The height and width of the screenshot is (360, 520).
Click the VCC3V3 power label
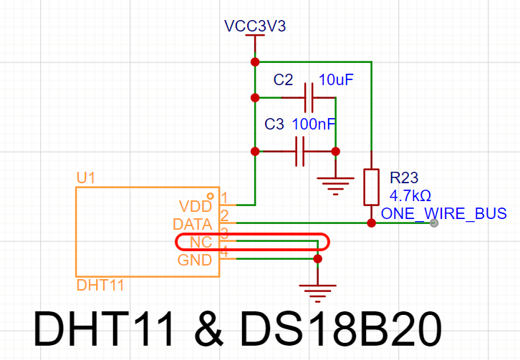pyautogui.click(x=255, y=26)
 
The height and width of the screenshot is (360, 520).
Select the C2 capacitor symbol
pyautogui.click(x=309, y=98)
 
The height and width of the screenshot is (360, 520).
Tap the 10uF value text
pyautogui.click(x=336, y=80)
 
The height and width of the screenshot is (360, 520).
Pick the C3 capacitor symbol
pyautogui.click(x=300, y=152)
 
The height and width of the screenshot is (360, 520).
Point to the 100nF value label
pyautogui.click(x=314, y=125)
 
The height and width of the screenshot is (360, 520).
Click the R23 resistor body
pyautogui.click(x=372, y=188)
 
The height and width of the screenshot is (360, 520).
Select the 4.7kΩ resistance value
pyautogui.click(x=410, y=196)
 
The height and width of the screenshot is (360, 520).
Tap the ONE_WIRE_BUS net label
pyautogui.click(x=444, y=213)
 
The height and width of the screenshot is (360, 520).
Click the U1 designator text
pyautogui.click(x=85, y=178)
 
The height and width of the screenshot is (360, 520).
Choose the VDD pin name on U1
pyautogui.click(x=196, y=206)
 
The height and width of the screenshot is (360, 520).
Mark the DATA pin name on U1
pyautogui.click(x=193, y=225)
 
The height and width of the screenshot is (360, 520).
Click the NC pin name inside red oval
pyautogui.click(x=201, y=243)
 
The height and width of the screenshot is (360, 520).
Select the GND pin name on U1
pyautogui.click(x=195, y=261)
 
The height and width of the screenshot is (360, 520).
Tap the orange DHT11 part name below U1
pyautogui.click(x=100, y=285)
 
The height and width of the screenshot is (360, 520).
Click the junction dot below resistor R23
pyautogui.click(x=372, y=223)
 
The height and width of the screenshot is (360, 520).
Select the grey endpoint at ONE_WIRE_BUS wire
pyautogui.click(x=434, y=223)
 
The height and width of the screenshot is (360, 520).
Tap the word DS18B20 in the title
pyautogui.click(x=341, y=329)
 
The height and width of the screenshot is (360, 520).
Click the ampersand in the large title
pyautogui.click(x=208, y=329)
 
